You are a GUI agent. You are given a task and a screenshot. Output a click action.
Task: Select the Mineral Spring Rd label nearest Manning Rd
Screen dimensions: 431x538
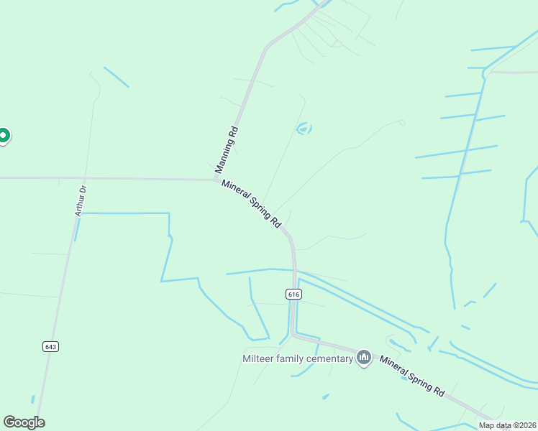[x=251, y=204]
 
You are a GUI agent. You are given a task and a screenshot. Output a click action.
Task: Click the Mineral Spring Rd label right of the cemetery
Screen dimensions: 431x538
[x=412, y=376]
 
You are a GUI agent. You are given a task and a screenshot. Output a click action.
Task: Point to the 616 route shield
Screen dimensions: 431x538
[x=293, y=294]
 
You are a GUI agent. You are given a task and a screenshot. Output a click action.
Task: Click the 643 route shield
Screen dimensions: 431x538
[x=50, y=346]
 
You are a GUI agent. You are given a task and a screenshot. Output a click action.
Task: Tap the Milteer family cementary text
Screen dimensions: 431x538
[x=298, y=358]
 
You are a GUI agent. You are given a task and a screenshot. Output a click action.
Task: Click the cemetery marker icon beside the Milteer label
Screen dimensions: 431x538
[x=364, y=357]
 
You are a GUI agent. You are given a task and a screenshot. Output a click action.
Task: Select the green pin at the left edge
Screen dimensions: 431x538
[x=4, y=134]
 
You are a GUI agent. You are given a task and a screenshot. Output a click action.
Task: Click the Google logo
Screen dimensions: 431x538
[x=24, y=422]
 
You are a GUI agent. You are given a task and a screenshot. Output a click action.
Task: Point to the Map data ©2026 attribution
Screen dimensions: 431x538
[x=507, y=425]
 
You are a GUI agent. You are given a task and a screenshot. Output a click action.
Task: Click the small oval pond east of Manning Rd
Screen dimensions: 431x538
[x=304, y=129]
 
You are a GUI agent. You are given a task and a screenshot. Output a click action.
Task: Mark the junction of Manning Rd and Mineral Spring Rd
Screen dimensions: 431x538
[x=217, y=180]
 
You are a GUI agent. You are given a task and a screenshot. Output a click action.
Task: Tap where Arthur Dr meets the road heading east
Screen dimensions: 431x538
[x=84, y=178]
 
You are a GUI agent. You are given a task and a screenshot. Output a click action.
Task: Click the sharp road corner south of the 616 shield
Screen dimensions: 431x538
[x=293, y=334]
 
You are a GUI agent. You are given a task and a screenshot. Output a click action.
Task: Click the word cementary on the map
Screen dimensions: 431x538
[x=329, y=358]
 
